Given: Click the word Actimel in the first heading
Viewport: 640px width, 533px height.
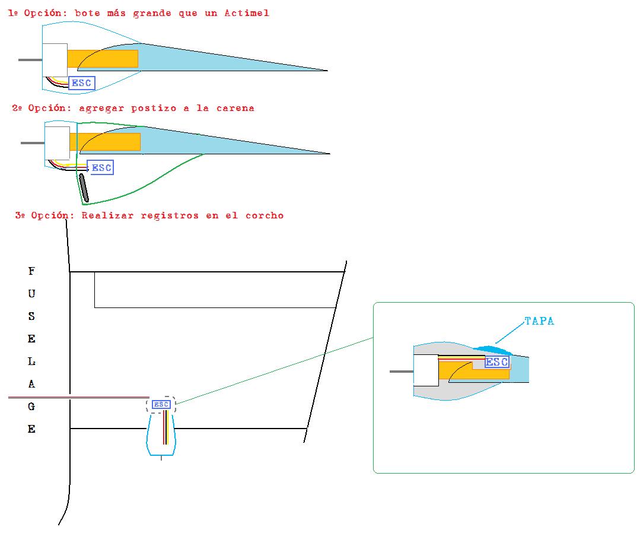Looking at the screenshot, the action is [x=247, y=13].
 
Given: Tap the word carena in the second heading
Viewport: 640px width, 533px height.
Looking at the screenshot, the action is [x=235, y=108].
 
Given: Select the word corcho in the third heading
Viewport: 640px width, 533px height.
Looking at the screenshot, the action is [x=265, y=215].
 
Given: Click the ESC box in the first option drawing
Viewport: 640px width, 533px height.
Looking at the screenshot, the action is [x=82, y=83].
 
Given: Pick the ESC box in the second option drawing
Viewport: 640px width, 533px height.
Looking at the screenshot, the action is [x=100, y=167].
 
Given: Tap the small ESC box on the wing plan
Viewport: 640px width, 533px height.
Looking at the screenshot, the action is [x=161, y=404].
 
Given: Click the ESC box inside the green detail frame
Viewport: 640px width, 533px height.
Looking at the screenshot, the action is [x=496, y=362].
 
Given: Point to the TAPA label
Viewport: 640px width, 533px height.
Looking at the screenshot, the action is [x=539, y=321].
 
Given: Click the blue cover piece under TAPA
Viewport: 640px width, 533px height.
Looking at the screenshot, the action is [x=493, y=350].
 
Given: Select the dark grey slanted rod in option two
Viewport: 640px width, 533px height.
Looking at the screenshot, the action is [x=84, y=188].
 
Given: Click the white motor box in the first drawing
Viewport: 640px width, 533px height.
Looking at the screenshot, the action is [x=55, y=60].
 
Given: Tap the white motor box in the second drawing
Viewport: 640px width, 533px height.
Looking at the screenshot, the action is [x=57, y=143].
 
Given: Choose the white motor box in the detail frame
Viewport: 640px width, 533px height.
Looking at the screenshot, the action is [x=426, y=370].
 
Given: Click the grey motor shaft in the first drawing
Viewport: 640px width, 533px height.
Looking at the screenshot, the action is [x=30, y=60].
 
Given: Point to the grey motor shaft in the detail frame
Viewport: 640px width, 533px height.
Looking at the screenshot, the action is [x=402, y=372].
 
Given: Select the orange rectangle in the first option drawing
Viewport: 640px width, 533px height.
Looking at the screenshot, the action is [x=103, y=59].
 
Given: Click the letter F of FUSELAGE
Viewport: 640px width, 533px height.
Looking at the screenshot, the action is [x=31, y=271].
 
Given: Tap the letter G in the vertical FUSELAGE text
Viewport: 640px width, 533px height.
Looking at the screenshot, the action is [x=31, y=407].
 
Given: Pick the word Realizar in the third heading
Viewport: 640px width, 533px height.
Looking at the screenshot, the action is [x=107, y=215].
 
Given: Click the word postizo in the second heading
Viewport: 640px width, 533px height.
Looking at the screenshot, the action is [x=154, y=109].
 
